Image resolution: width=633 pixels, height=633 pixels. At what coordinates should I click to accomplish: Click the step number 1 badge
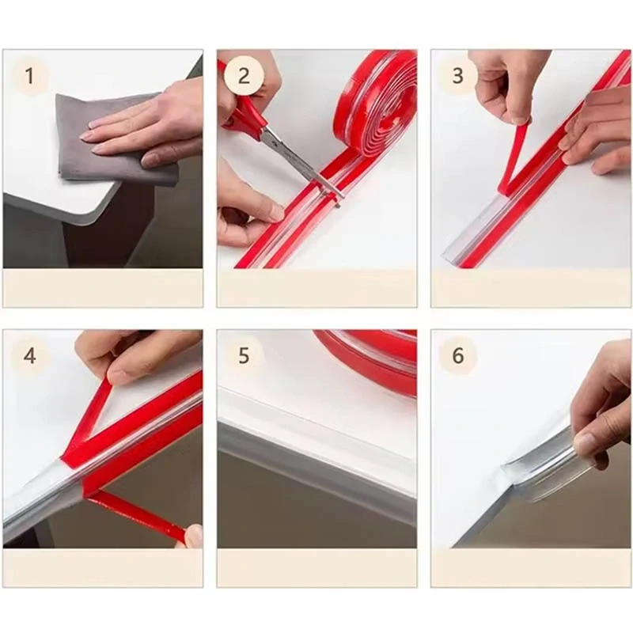29,75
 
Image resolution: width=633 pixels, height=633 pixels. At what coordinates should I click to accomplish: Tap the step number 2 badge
244,75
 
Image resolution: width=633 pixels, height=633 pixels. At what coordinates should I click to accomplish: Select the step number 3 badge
458,75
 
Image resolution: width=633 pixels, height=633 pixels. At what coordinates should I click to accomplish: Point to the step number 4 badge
29,356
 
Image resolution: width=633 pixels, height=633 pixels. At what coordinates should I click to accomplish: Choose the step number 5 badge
244,356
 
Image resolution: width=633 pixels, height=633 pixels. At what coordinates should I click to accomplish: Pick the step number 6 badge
458,356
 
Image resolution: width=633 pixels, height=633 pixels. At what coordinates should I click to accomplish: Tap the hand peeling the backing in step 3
502,89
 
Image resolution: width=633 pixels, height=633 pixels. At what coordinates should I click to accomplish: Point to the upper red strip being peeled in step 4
89,420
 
